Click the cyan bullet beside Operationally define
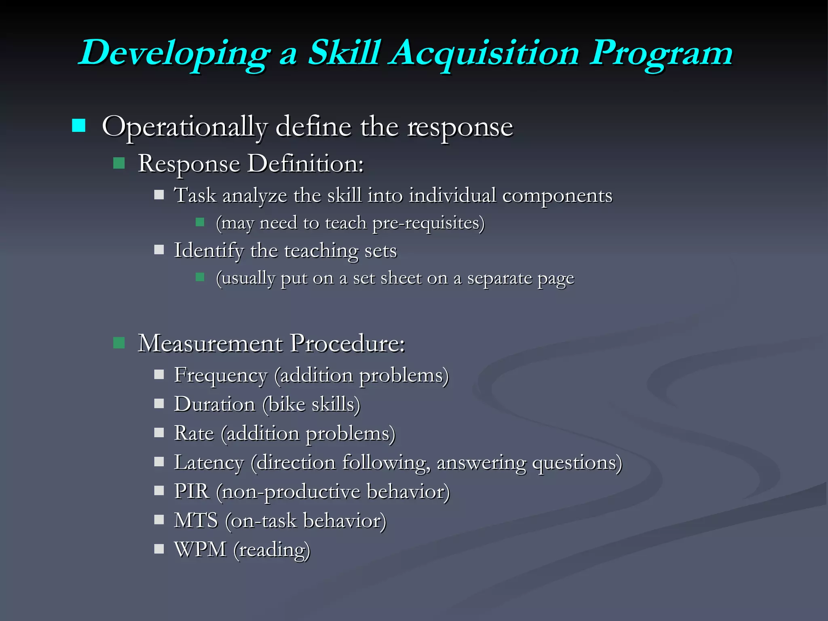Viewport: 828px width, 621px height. tap(78, 126)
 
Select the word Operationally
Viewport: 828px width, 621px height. tap(185, 127)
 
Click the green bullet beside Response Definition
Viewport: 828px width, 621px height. tap(119, 163)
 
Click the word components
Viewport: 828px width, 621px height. tap(557, 196)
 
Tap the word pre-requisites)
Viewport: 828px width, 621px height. tap(428, 223)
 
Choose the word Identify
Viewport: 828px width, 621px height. tap(209, 251)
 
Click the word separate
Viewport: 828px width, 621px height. tap(500, 278)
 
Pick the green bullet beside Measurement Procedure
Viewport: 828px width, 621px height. tap(119, 343)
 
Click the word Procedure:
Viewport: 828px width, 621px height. tap(348, 344)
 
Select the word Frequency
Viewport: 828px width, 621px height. tap(221, 376)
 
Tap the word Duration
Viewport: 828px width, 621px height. tap(215, 404)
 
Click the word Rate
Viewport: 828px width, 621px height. tap(194, 433)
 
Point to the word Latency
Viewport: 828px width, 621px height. tap(209, 463)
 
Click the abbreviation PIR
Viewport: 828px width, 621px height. tap(192, 492)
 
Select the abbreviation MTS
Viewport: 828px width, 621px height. tap(196, 521)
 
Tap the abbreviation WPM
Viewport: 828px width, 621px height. tap(200, 550)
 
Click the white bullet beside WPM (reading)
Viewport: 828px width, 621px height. tap(159, 549)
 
